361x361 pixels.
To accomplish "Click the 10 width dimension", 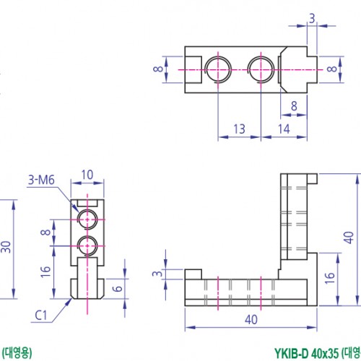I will (x=87, y=174).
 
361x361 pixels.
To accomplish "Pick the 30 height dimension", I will (x=6, y=248).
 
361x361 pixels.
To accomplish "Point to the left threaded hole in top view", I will (x=217, y=69).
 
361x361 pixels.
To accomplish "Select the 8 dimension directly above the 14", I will (x=294, y=105).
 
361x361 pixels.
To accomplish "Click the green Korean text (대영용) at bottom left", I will (x=17, y=353).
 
